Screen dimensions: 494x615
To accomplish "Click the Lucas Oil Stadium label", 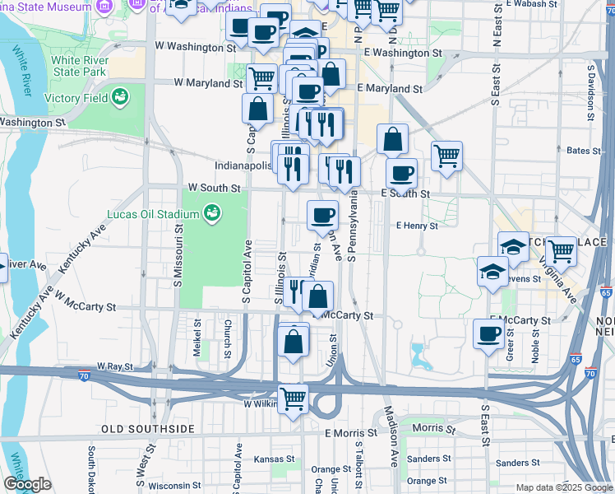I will [153, 215].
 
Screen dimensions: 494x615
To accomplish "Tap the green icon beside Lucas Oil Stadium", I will [212, 214].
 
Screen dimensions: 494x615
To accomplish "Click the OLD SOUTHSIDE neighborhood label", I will [148, 430].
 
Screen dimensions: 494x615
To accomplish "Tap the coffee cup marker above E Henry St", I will [323, 215].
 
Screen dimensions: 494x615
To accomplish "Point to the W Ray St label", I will [114, 366].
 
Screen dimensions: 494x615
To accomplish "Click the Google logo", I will [27, 485].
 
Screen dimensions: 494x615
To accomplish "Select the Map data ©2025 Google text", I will [563, 487].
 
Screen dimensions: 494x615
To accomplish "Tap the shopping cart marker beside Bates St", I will [446, 155].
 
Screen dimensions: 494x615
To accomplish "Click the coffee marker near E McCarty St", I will [488, 333].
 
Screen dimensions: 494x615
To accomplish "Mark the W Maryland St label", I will [207, 83].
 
